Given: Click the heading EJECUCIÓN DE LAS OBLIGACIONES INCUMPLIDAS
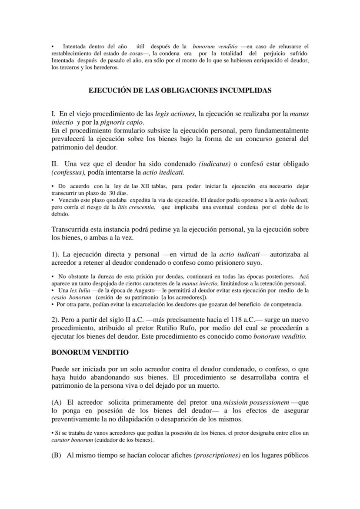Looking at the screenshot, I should (180, 90).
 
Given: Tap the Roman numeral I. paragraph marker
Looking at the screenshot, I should (54, 114).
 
